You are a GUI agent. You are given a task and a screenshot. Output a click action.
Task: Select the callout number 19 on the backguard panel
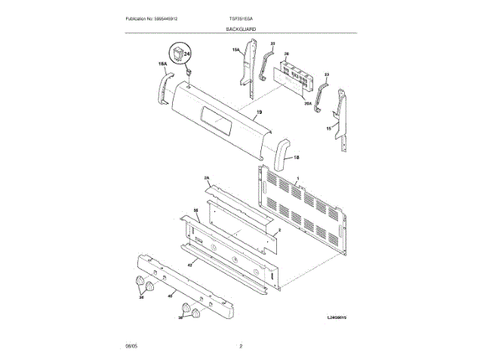(x=259, y=113)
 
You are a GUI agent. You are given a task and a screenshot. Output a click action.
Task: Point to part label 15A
(x=235, y=50)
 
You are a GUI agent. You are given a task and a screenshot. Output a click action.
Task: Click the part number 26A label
(x=307, y=105)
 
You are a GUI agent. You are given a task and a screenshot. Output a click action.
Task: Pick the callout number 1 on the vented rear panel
(x=298, y=178)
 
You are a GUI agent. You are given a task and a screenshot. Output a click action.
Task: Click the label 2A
(x=207, y=178)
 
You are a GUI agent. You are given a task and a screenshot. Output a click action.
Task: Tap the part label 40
(x=170, y=296)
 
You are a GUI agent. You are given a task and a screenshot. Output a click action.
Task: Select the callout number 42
(x=190, y=265)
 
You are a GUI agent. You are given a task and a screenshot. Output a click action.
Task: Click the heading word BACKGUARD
(x=241, y=29)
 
